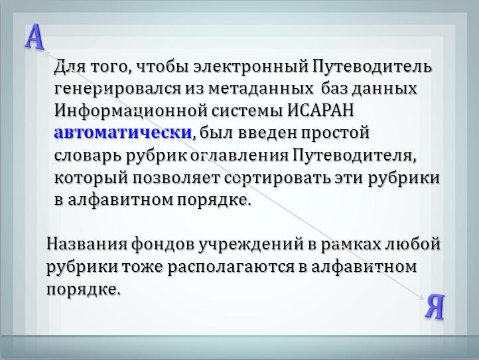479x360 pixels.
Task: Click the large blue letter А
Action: (x=34, y=36)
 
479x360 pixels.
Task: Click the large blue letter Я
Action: (x=435, y=306)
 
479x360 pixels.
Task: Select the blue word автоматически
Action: (x=123, y=133)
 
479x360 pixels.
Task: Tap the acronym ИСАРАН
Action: (x=320, y=110)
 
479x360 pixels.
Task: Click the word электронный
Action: (x=251, y=66)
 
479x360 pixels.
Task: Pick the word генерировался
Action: (x=117, y=89)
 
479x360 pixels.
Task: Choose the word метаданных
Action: (x=261, y=89)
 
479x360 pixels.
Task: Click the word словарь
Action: (x=88, y=155)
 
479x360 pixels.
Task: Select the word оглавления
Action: (x=239, y=155)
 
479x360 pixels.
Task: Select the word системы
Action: (x=247, y=111)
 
